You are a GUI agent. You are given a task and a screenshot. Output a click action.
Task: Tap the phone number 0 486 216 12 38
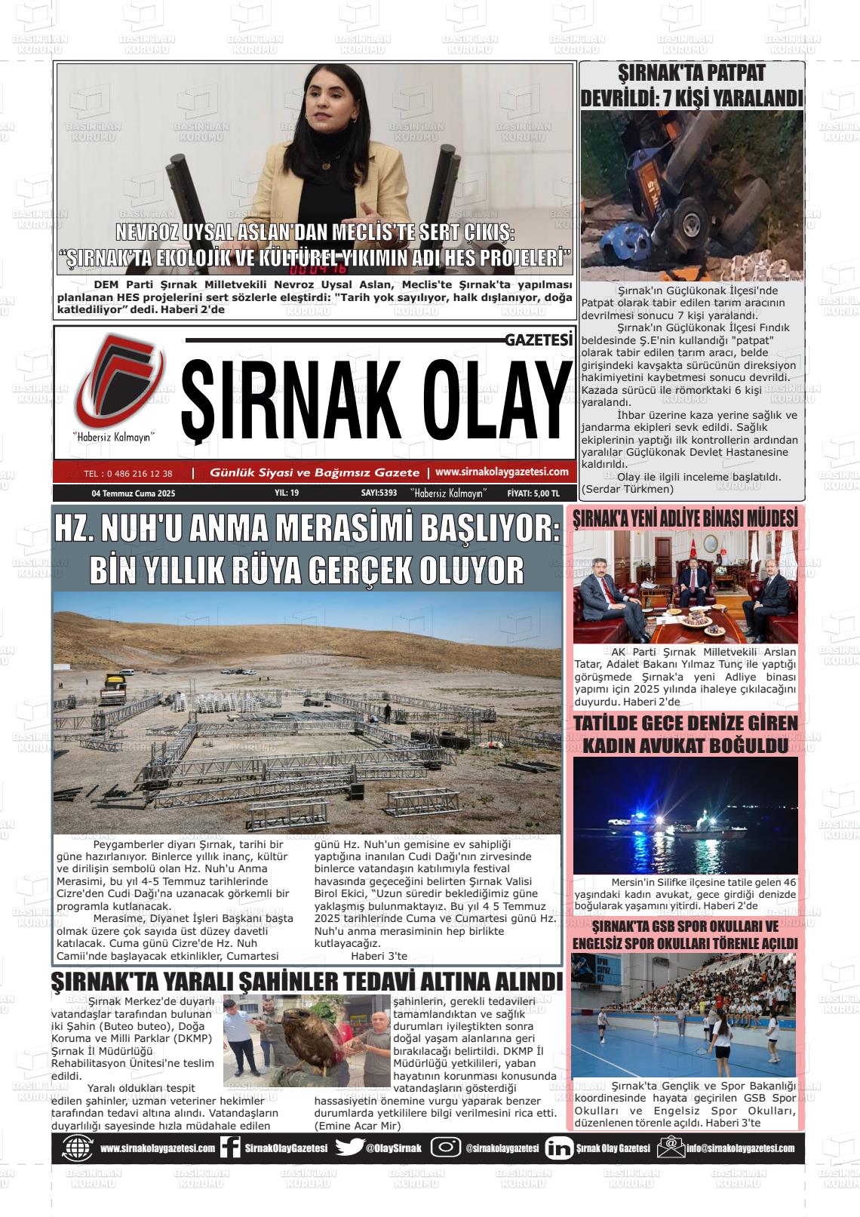128,474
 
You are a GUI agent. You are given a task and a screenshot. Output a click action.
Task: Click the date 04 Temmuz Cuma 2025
134,493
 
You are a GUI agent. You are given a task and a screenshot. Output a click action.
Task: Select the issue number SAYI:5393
379,493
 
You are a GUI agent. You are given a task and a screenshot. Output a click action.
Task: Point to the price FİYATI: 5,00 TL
534,493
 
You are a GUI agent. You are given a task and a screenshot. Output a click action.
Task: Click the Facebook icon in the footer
230,1148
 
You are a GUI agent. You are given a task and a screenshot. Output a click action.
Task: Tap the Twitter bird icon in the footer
349,1148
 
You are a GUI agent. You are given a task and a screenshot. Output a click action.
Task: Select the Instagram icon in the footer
445,1148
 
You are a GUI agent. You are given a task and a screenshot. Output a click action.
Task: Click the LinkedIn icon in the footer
558,1148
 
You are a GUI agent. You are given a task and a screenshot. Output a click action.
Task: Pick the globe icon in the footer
77,1148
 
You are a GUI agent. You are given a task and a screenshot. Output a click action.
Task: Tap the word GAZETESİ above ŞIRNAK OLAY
539,340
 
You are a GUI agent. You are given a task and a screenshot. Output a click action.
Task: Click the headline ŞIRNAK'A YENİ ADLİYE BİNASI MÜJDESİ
685,518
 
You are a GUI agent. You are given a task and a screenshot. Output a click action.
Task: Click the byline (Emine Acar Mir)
357,1125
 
